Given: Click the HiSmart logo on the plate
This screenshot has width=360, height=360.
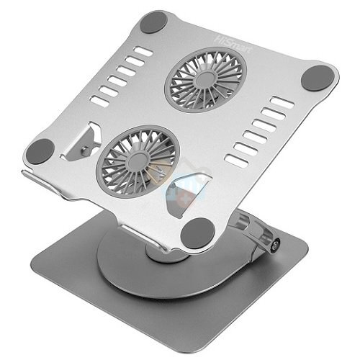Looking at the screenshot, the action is click(x=233, y=45).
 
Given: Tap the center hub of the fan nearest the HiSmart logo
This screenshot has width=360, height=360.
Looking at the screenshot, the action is click(x=205, y=80).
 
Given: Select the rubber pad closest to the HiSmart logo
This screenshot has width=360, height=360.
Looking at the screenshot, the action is click(x=153, y=22).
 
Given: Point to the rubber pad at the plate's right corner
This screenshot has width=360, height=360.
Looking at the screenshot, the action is click(x=318, y=78).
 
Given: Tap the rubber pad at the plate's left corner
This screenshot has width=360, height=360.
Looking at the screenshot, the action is click(x=40, y=151).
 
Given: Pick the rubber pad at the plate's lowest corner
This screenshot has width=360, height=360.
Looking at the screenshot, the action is click(x=197, y=233).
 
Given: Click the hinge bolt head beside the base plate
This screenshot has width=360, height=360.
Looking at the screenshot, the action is click(x=274, y=246).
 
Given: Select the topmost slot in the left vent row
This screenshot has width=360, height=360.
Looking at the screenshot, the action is click(x=143, y=52).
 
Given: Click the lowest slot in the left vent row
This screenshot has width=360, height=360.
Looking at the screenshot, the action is click(x=100, y=101).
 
